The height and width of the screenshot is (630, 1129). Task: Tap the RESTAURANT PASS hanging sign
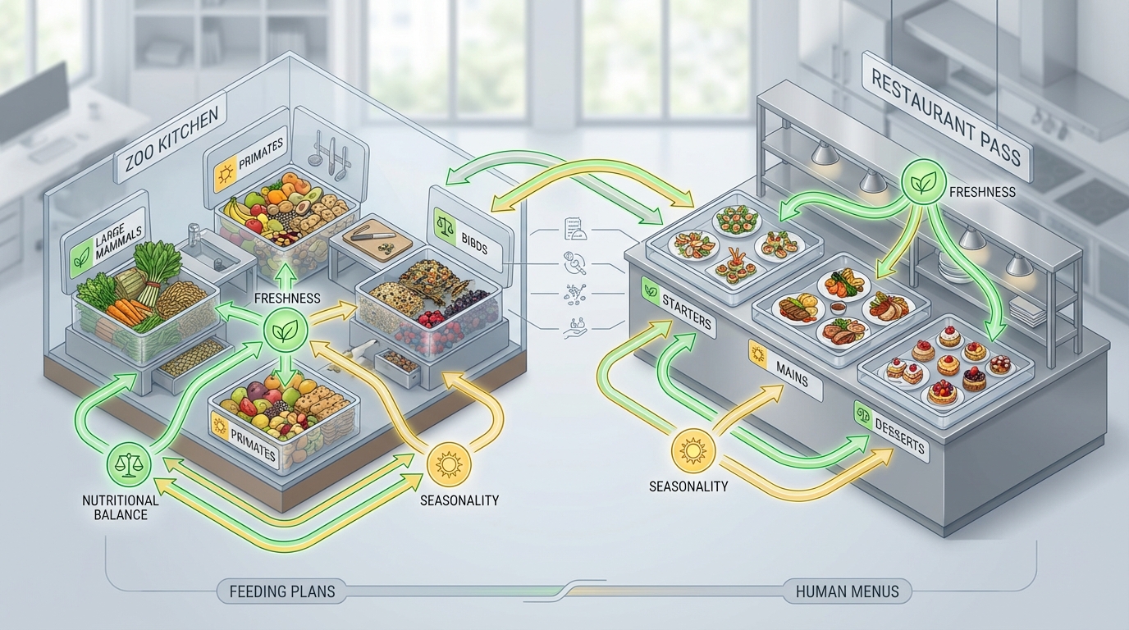(x=944, y=117)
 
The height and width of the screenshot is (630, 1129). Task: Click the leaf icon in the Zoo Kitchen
(x=285, y=332)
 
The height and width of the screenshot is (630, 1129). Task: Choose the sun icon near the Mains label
(x=688, y=452)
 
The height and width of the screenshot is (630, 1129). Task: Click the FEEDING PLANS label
(x=282, y=591)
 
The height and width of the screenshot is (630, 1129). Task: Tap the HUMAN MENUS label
(x=847, y=591)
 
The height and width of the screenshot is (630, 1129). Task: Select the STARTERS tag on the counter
(x=679, y=308)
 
